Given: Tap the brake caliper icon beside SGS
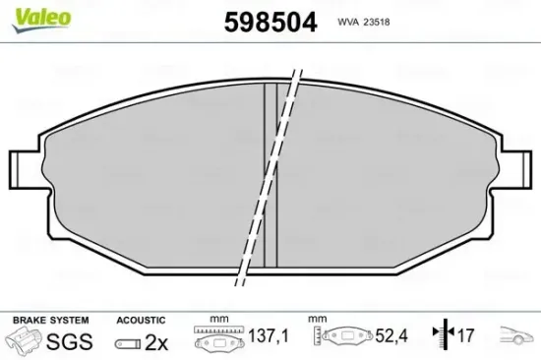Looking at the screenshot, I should (x=25, y=341).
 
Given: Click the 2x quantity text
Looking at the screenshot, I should (x=156, y=341).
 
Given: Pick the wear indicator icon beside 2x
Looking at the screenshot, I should (x=126, y=342).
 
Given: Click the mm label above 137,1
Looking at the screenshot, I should (x=218, y=320).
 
